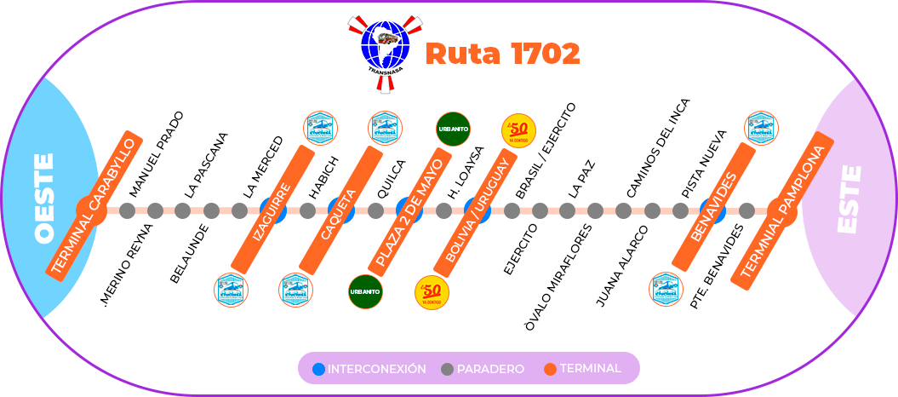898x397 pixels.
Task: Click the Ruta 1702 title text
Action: click(x=502, y=55)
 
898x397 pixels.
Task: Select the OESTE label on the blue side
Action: click(x=44, y=198)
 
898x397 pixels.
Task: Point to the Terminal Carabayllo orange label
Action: click(x=94, y=205)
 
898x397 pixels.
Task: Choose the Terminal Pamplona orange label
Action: click(x=782, y=210)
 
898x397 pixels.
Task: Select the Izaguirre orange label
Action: click(x=273, y=210)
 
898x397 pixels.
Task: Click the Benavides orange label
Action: click(x=713, y=206)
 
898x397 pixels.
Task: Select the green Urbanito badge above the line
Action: click(x=453, y=129)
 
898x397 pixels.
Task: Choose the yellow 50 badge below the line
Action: click(x=432, y=292)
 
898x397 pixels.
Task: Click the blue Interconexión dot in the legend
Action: click(x=319, y=369)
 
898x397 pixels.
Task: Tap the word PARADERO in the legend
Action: click(x=490, y=369)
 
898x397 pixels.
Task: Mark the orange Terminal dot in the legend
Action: click(x=550, y=369)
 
